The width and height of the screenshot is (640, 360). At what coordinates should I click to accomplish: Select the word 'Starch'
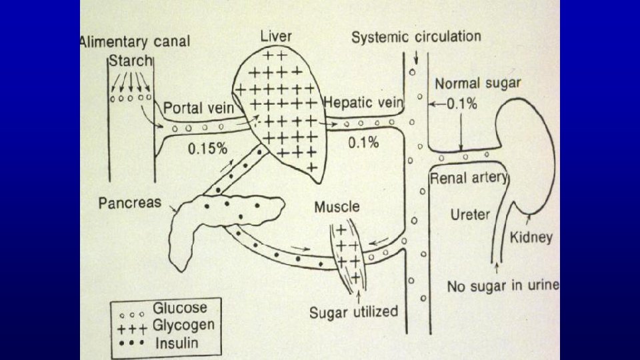[131, 61]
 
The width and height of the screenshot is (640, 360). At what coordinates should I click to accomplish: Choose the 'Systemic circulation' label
[416, 36]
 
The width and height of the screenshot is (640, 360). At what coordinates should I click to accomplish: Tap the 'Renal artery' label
[469, 178]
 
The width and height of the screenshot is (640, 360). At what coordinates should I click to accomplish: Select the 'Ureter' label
[471, 215]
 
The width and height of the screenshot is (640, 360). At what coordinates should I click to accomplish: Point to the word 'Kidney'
[531, 237]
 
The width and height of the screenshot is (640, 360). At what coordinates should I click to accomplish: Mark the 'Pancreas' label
[129, 202]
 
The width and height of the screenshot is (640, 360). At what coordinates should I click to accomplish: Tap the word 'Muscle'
[337, 207]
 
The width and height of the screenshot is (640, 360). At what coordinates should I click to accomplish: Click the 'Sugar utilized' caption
[353, 311]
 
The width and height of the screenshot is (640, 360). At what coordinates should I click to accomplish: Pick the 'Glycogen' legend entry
[184, 325]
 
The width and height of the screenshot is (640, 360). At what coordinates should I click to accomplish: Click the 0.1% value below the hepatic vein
[363, 142]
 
